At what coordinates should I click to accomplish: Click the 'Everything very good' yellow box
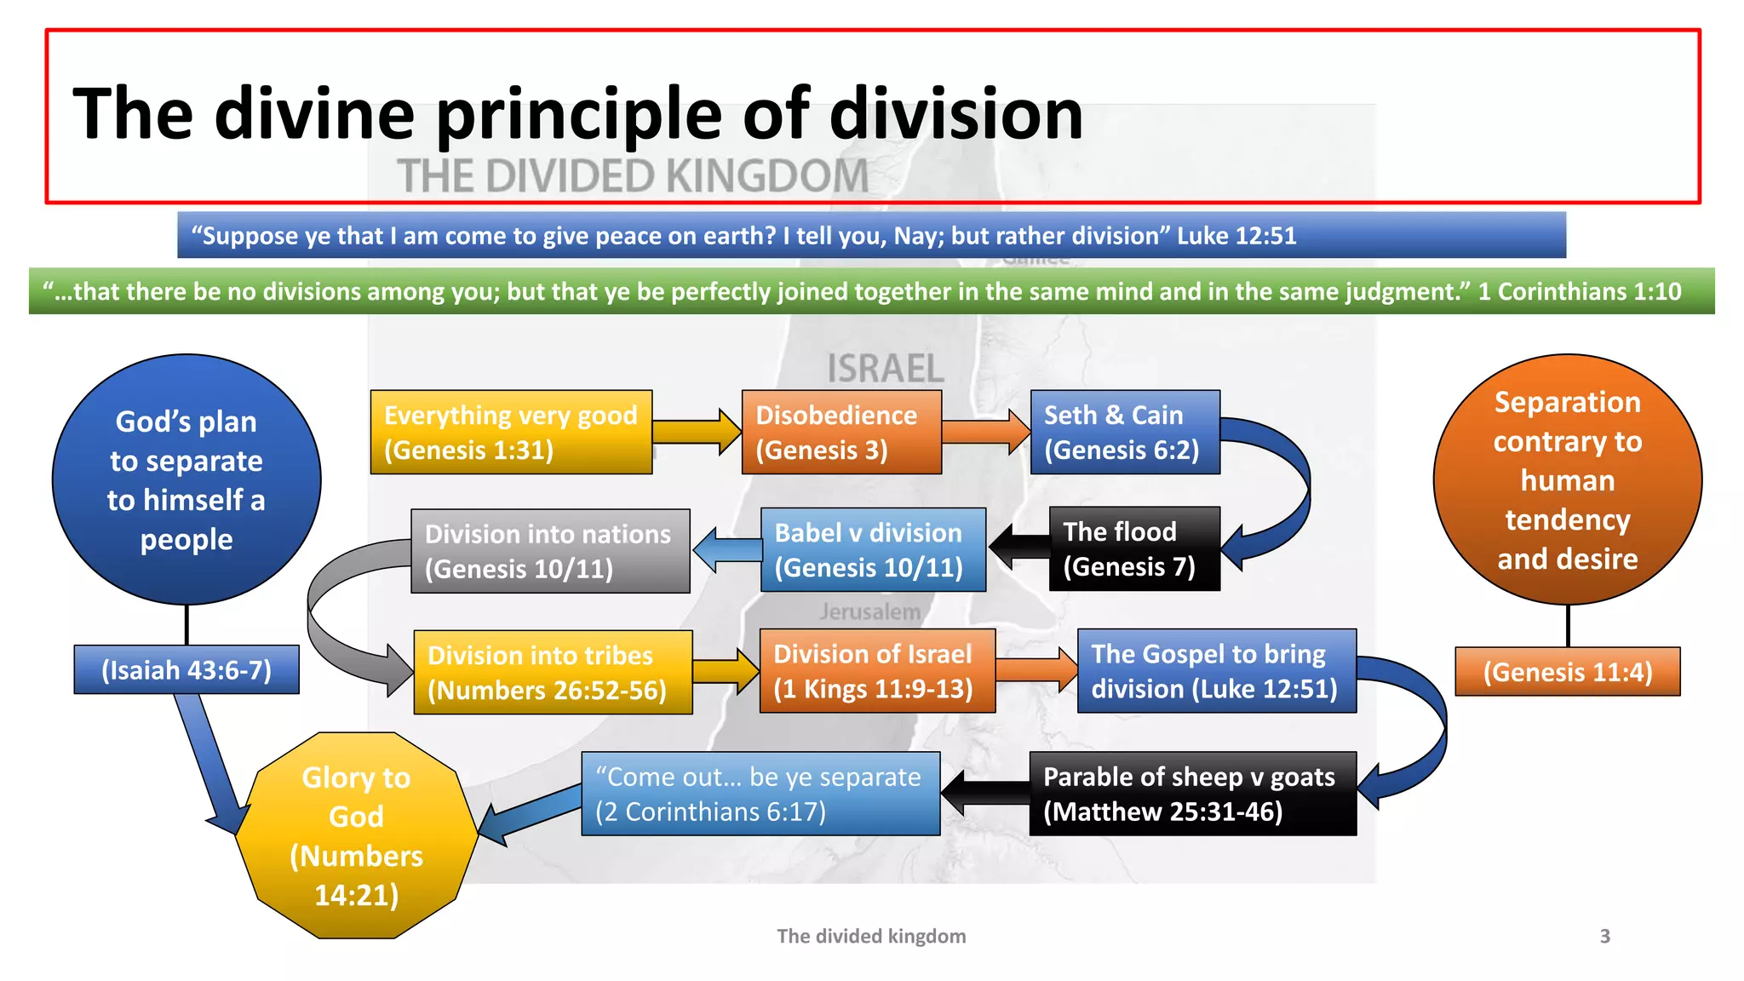(x=511, y=432)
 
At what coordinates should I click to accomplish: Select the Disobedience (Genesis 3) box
(x=841, y=432)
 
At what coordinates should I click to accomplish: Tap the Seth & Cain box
(x=1124, y=432)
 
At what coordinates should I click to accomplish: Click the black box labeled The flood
(x=1134, y=548)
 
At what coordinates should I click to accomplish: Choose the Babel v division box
(x=873, y=549)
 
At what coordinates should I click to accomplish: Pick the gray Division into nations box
(x=550, y=551)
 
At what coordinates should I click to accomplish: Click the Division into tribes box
(x=553, y=672)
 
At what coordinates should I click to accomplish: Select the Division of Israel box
(x=877, y=671)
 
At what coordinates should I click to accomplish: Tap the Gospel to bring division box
(x=1216, y=671)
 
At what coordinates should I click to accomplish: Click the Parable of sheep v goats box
(x=1192, y=793)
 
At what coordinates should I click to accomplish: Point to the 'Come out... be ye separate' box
(x=760, y=793)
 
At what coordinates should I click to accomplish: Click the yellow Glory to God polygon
(x=356, y=835)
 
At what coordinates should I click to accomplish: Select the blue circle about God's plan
(x=186, y=479)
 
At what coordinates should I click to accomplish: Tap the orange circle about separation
(x=1567, y=479)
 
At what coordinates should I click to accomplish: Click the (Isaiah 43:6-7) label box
(x=186, y=670)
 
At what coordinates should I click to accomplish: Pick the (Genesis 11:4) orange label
(x=1567, y=672)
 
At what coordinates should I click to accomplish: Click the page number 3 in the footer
(x=1604, y=936)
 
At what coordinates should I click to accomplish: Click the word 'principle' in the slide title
(x=579, y=115)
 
